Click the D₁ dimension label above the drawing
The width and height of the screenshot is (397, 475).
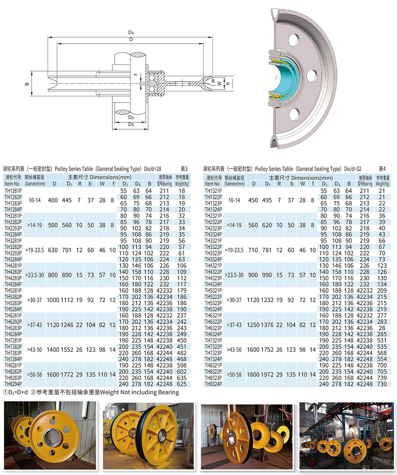131,33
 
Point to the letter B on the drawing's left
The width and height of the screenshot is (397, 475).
27,84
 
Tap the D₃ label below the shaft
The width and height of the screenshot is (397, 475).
131,124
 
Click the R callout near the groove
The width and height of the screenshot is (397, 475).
213,81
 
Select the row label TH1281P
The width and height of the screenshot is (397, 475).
13,191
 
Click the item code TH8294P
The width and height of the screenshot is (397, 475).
13,384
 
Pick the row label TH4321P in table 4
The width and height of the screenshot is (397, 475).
213,266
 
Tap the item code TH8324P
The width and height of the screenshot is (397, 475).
213,384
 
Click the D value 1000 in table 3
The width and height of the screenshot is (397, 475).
53,300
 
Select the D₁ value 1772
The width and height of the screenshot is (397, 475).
67,375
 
